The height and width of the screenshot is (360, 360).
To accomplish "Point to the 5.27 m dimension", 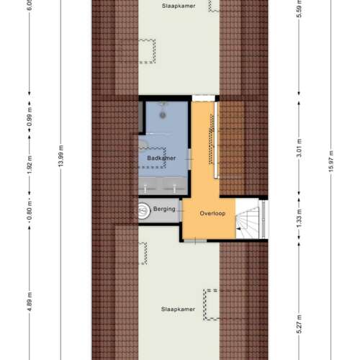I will point(298,324).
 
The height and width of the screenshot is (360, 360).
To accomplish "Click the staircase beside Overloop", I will point(251,219).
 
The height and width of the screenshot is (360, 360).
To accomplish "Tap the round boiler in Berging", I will point(142,210).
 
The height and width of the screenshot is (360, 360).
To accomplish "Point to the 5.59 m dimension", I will point(298,11).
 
